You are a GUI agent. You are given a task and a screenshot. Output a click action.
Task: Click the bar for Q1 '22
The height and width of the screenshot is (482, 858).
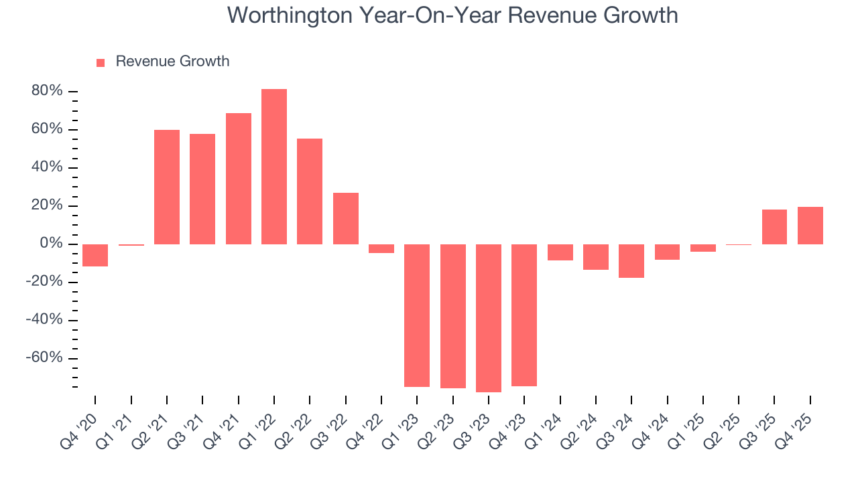[274, 167]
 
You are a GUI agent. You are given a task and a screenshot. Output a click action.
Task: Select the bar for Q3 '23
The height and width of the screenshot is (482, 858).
[489, 318]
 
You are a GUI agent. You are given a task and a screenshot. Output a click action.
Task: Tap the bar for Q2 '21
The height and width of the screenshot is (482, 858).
[167, 187]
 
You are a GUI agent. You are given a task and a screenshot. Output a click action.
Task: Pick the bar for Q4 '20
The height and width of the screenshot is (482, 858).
[95, 255]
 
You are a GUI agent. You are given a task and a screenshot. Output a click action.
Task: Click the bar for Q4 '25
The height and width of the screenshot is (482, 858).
[810, 226]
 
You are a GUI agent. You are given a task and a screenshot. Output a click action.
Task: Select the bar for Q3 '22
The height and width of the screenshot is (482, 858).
[346, 218]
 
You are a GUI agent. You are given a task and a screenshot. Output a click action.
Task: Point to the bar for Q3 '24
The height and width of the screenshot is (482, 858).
[631, 261]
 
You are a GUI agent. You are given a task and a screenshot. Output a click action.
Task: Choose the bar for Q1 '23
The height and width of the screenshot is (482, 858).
[417, 315]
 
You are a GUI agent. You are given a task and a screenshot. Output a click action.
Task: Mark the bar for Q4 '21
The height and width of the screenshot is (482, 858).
[239, 179]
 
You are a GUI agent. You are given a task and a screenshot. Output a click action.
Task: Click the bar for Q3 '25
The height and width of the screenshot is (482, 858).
[774, 227]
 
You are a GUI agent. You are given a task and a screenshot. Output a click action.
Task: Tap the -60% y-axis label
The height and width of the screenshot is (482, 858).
[44, 357]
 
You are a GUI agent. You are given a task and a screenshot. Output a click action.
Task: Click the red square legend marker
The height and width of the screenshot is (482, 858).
[101, 62]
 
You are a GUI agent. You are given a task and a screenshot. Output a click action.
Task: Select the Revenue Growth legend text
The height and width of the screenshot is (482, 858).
[172, 62]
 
